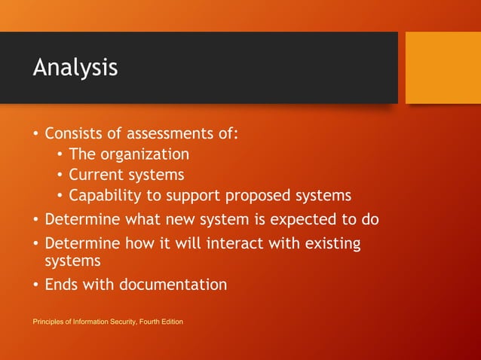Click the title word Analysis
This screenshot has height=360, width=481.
coord(75,68)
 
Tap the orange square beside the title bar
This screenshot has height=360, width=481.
coord(443,68)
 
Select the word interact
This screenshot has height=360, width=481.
coord(228,244)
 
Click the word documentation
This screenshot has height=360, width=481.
coord(171,285)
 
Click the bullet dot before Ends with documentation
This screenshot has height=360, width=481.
coord(35,285)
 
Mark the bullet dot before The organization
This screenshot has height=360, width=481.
coord(60,155)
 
